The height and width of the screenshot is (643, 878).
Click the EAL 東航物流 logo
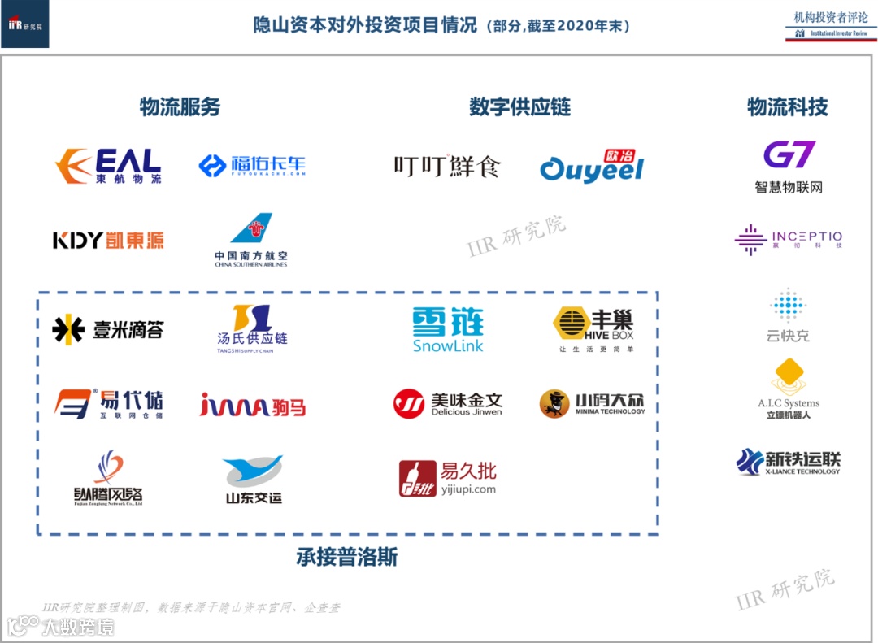point(108,166)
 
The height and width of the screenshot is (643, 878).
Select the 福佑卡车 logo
point(252,166)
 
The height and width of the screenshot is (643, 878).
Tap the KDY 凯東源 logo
point(108,240)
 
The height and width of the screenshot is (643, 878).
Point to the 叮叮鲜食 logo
point(447,167)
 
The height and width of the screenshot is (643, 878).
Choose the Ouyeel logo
point(592,167)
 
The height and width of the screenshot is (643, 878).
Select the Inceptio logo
point(789,240)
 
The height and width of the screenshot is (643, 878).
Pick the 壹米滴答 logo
point(108,329)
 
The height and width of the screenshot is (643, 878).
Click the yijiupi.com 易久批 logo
point(447,478)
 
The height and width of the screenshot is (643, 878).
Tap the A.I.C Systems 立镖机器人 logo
point(789,389)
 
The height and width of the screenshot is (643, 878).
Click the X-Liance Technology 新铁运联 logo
point(789,462)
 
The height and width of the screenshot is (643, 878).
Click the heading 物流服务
point(180,107)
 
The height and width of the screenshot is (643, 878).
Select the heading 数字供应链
point(520,107)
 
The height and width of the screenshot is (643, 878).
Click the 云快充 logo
point(789,315)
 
